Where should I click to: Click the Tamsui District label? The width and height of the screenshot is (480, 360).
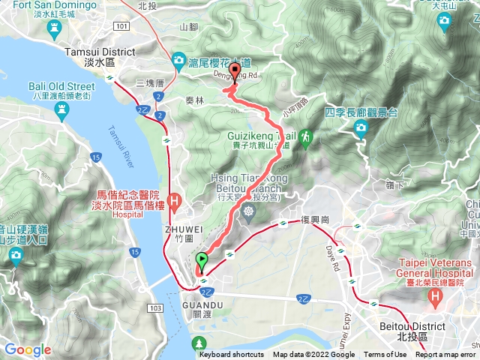(100, 52)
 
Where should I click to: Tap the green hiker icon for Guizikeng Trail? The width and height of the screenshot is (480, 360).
(305, 136)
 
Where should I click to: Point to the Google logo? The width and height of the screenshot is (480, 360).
(27, 349)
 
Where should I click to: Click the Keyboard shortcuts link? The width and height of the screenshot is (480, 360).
(231, 355)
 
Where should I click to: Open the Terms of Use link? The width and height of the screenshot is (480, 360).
(385, 355)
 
